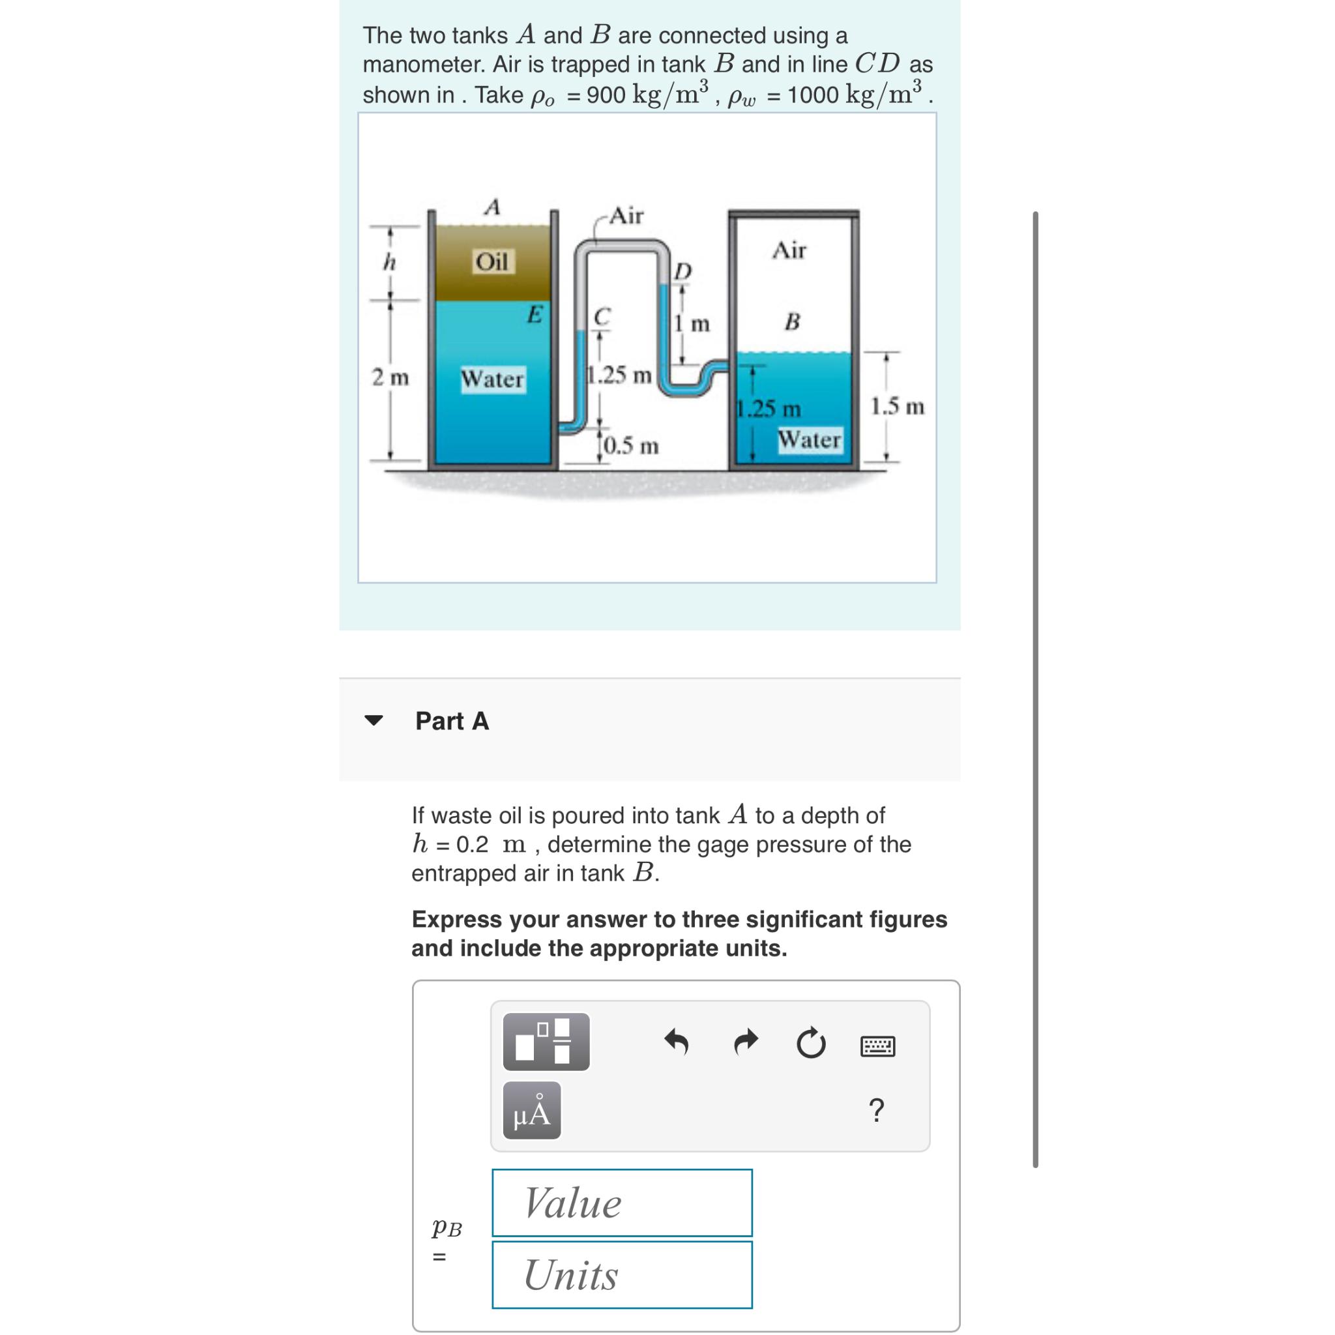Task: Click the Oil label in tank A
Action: click(493, 262)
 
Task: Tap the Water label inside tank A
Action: click(493, 379)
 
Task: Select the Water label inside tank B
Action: click(809, 439)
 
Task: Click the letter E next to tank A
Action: click(535, 314)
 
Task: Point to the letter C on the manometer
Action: click(602, 315)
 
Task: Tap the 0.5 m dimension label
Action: click(631, 446)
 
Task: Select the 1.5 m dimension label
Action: click(897, 406)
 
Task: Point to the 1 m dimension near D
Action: click(693, 323)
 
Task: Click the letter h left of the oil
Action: click(389, 263)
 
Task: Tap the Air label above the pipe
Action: click(626, 216)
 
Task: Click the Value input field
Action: click(622, 1203)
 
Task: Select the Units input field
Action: click(622, 1275)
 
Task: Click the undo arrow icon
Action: click(677, 1042)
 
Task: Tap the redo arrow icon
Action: click(746, 1042)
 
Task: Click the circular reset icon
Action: click(810, 1044)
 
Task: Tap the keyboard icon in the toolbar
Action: click(877, 1046)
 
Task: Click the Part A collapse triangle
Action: click(373, 721)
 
